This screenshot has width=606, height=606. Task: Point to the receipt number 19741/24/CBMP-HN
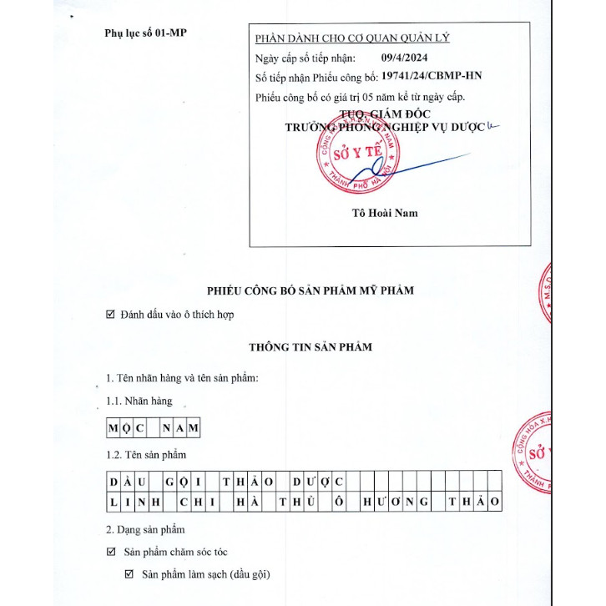coord(431,77)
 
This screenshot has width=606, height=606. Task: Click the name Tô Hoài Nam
coord(385,213)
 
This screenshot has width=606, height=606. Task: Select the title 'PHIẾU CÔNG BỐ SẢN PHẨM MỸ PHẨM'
coord(311,290)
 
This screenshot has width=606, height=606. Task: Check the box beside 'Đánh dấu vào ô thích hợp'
coord(111,315)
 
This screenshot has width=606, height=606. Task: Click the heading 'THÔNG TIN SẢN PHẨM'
coord(311,346)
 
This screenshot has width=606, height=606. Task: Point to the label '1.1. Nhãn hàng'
coord(139,401)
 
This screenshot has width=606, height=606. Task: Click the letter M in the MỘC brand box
coord(114,428)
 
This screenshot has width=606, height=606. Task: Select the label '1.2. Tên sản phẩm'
coord(147,455)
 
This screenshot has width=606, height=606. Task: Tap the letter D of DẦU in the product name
coord(114,482)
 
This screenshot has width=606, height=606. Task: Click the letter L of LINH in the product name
coord(114,501)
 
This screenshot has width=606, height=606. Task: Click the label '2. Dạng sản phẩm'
coord(145,529)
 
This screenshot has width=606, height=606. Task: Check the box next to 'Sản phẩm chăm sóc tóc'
coord(111,552)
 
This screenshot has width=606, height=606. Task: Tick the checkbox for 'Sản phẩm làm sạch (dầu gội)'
coord(129,574)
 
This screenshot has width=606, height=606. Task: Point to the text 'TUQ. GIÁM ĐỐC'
coord(381,114)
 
